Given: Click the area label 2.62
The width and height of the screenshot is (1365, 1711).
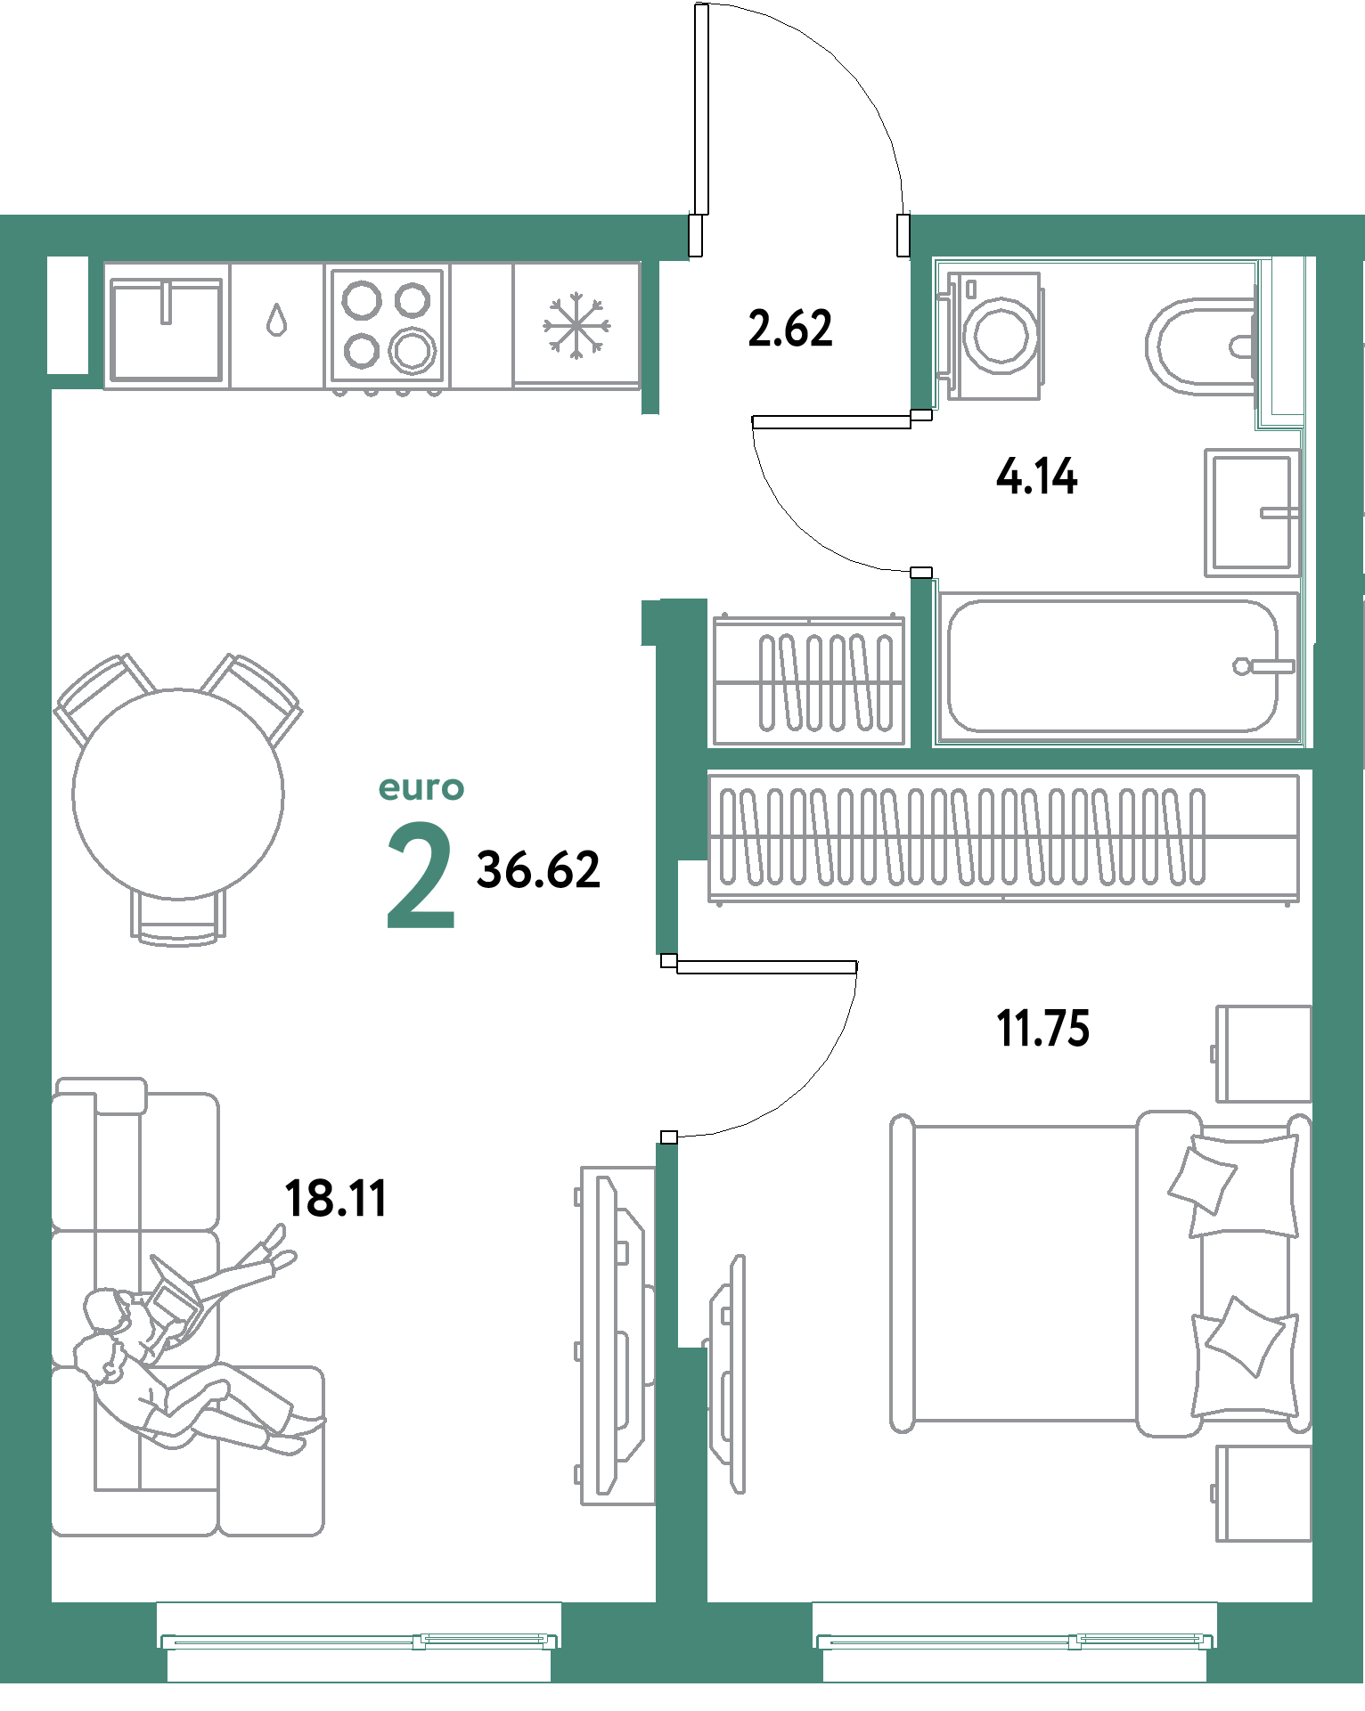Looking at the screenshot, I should coord(790,328).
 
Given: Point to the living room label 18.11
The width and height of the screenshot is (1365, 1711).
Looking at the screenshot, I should coord(336,1198).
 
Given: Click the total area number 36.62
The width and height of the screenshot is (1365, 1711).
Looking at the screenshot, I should coord(538,870).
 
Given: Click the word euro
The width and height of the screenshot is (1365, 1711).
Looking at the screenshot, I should coord(421,788).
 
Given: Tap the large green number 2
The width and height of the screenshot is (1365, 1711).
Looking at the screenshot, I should coord(421,877).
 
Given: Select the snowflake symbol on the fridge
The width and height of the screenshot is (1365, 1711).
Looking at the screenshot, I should coord(576,325).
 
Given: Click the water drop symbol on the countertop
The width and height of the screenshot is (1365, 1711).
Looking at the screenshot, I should coord(278,320).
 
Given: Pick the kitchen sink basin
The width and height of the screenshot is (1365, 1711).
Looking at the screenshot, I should coord(166,327).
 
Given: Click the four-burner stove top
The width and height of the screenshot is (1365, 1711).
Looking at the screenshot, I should coord(388,325).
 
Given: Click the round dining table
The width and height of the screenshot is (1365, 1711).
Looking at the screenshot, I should coord(178,794).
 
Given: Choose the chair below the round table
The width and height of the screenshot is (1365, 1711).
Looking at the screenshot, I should coord(178,917).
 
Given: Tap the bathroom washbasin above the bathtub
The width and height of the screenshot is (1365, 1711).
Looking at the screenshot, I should coord(1250,512).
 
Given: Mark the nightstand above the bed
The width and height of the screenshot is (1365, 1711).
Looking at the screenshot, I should coord(1263,1054).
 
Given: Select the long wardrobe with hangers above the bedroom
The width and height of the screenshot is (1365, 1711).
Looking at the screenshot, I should coord(1003,837).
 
